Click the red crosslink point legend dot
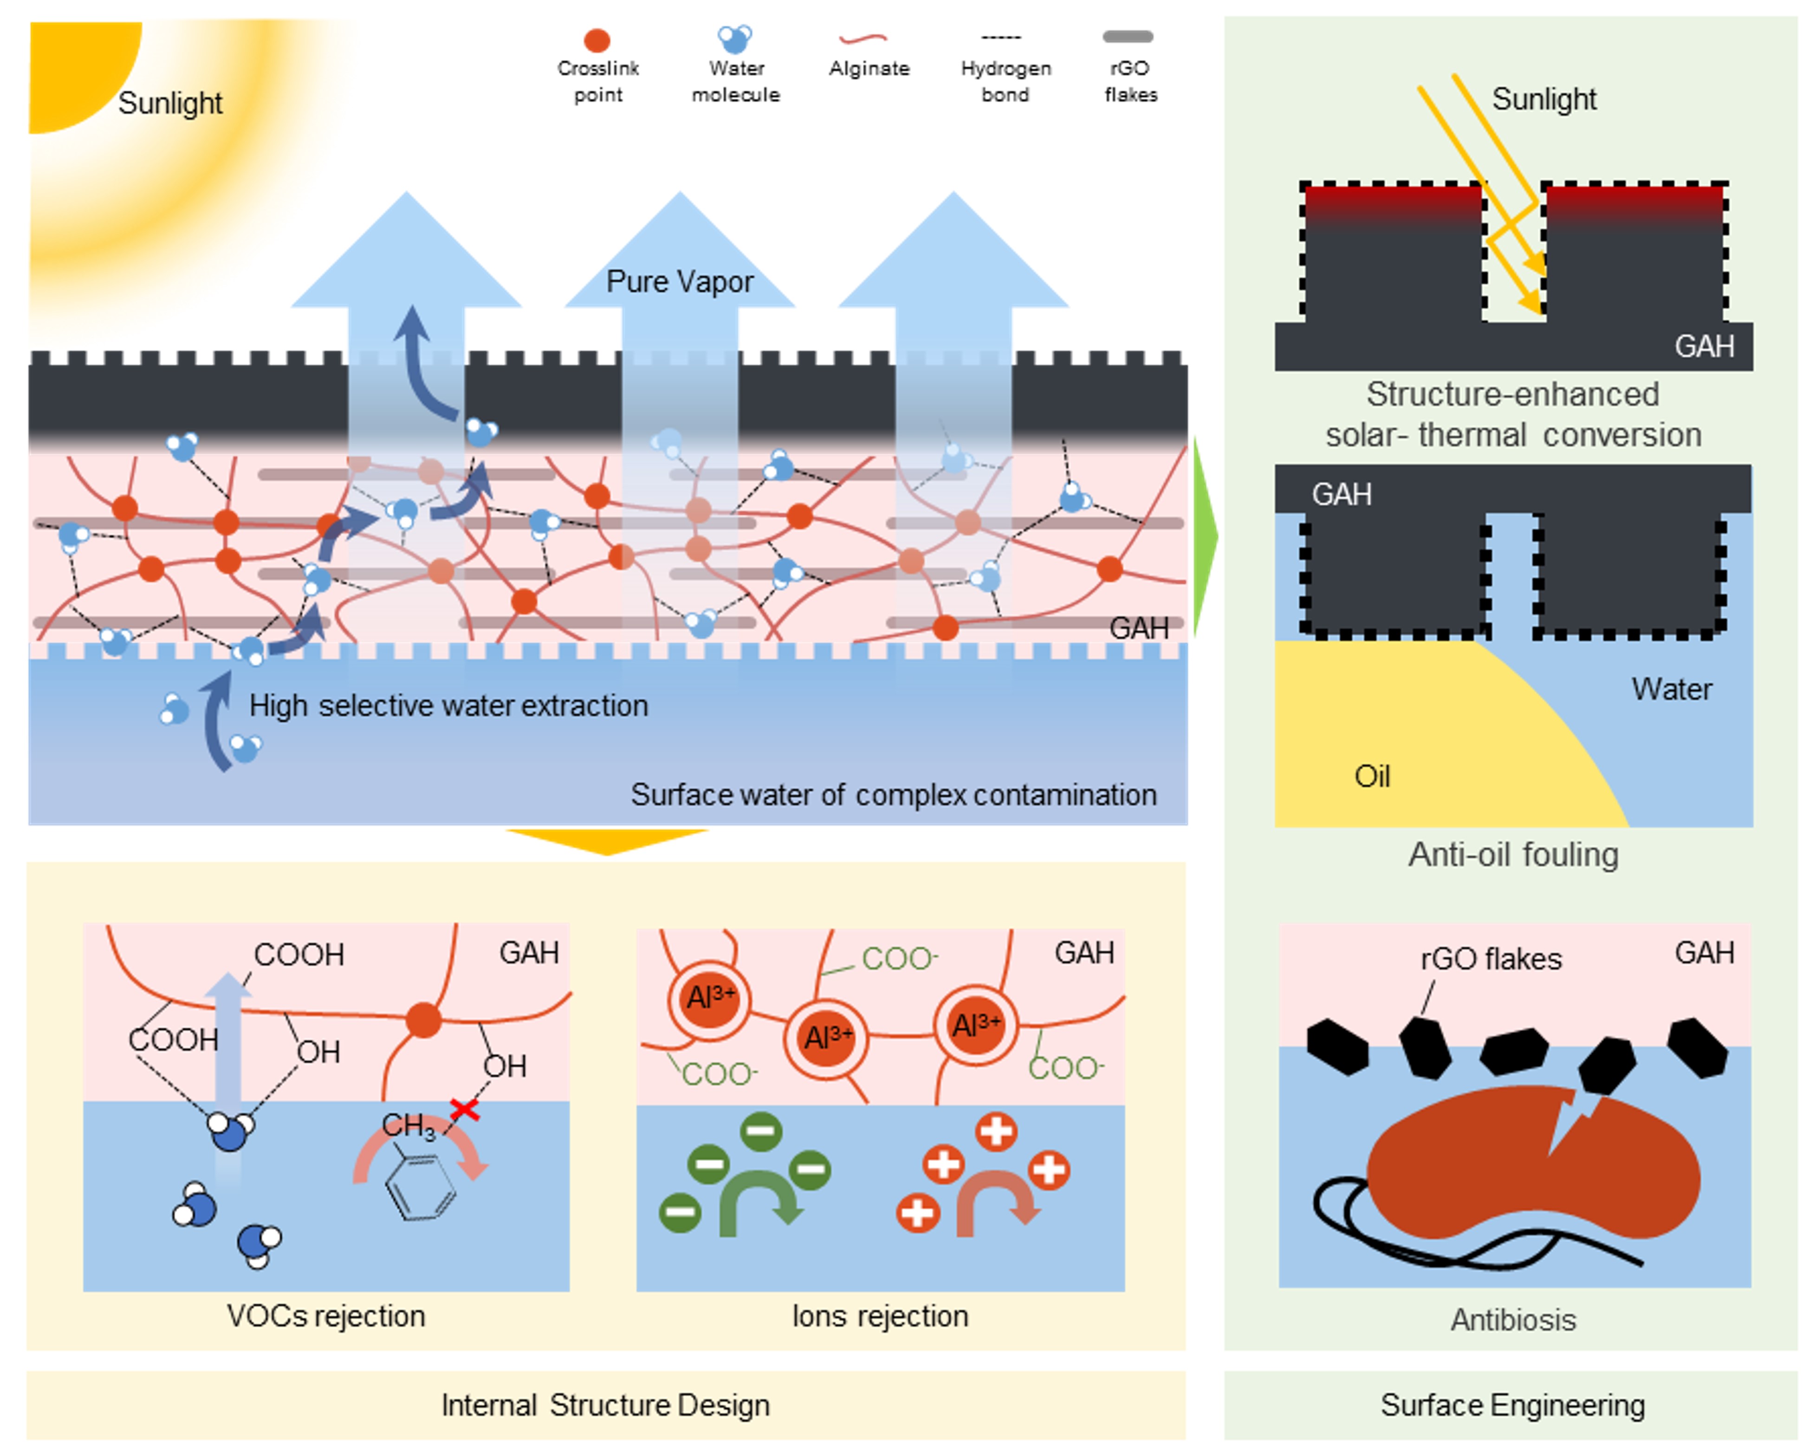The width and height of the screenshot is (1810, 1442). click(x=597, y=40)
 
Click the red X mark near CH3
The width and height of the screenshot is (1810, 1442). click(x=464, y=1109)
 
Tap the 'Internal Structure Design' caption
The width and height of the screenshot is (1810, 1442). click(x=605, y=1405)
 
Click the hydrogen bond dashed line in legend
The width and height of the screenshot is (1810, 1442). click(x=1001, y=38)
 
